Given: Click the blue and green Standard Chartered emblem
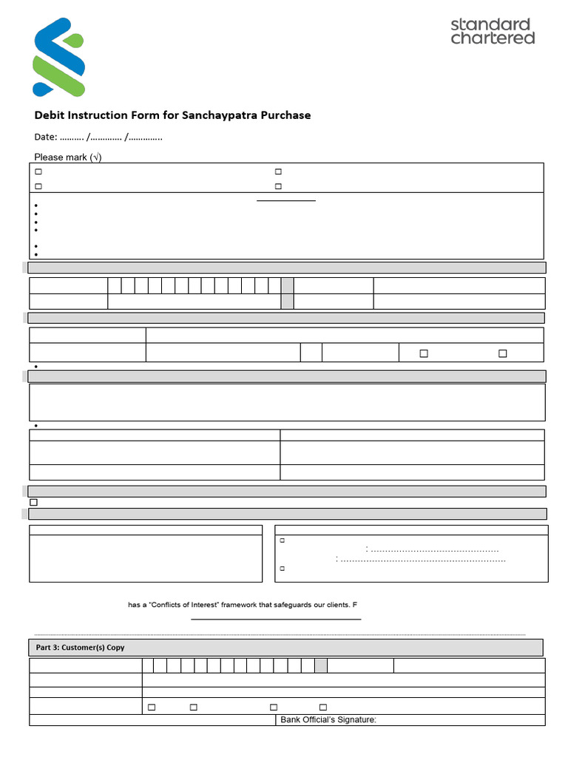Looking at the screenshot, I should pos(58,58).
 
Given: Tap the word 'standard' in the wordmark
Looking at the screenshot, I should pos(490,24).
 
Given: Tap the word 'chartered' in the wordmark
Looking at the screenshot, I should pos(493,38).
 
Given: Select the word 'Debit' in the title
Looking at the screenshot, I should pos(50,115).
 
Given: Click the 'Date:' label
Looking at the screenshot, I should pos(46,137).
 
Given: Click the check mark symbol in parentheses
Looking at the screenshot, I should pos(95,157).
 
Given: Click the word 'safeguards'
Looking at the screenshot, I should pos(290,605).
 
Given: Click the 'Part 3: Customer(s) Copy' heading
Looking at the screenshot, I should pos(80,648).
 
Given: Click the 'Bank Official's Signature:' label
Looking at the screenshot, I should pos(328,720).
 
